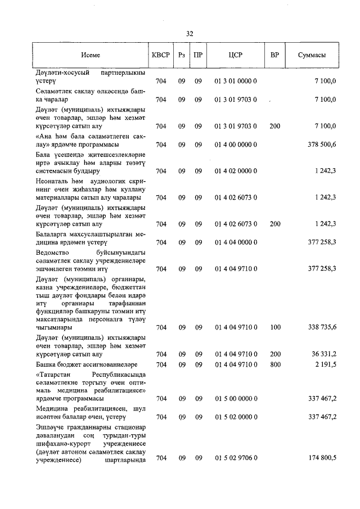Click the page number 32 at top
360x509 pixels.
click(x=189, y=34)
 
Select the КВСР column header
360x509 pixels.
click(x=161, y=56)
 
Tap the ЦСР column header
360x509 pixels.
click(x=235, y=56)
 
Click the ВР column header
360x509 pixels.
click(x=274, y=56)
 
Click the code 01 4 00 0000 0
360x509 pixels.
click(x=235, y=145)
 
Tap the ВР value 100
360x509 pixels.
click(x=274, y=327)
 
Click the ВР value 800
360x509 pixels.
click(x=274, y=364)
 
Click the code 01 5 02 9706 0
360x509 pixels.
click(x=235, y=458)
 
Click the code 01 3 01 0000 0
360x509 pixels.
click(x=235, y=82)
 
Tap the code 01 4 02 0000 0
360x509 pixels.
click(x=235, y=170)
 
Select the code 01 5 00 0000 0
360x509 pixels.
click(x=235, y=399)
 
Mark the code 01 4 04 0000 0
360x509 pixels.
click(x=235, y=242)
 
